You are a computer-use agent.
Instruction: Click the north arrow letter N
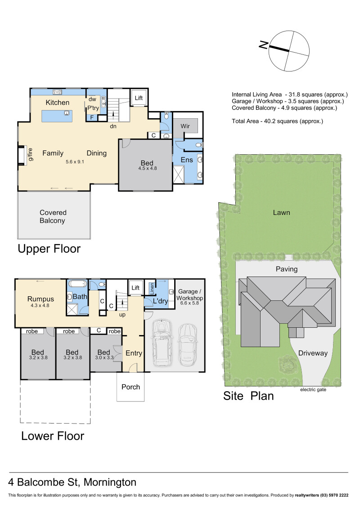(264, 45)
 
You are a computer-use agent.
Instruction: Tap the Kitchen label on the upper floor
(58, 103)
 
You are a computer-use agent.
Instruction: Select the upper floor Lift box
(139, 98)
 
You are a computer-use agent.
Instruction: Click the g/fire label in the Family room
(31, 154)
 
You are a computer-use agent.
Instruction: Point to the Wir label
(185, 126)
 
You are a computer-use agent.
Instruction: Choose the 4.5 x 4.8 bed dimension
(148, 168)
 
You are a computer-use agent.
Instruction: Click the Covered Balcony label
(53, 217)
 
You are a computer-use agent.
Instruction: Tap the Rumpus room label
(40, 299)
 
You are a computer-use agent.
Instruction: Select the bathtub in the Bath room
(77, 284)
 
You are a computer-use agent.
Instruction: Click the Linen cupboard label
(152, 289)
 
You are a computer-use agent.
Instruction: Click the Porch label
(130, 387)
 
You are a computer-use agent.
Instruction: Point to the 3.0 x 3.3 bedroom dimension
(104, 358)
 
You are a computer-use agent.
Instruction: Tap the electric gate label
(313, 389)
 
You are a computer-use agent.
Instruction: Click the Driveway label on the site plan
(313, 353)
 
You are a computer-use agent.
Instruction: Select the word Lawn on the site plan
(281, 213)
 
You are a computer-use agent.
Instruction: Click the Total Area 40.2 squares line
(278, 121)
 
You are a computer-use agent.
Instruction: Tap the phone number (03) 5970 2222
(334, 495)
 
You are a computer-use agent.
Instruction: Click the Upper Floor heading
(49, 249)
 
